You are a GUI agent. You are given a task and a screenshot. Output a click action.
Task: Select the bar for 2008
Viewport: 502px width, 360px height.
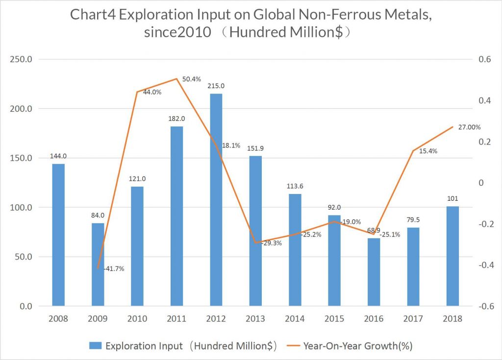click(x=58, y=235)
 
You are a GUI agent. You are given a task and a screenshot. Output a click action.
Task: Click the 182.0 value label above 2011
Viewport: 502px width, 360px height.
click(x=176, y=119)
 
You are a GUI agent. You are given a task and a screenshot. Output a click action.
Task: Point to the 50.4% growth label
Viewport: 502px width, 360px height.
click(x=191, y=79)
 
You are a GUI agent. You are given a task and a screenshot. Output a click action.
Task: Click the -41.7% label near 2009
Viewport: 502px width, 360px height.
click(x=113, y=268)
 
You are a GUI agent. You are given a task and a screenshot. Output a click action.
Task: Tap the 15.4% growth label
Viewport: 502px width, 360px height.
click(x=427, y=151)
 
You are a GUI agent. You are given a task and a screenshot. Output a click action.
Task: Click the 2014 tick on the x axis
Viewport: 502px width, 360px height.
click(x=295, y=319)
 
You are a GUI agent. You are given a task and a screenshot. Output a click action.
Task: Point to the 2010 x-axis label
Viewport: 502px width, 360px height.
click(x=137, y=319)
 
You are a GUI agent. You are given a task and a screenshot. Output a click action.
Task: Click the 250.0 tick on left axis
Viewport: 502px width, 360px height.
click(x=21, y=59)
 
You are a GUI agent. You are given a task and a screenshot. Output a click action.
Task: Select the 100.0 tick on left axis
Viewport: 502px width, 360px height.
click(x=21, y=208)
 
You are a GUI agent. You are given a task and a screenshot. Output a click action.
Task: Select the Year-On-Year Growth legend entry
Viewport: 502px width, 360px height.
click(x=358, y=346)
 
